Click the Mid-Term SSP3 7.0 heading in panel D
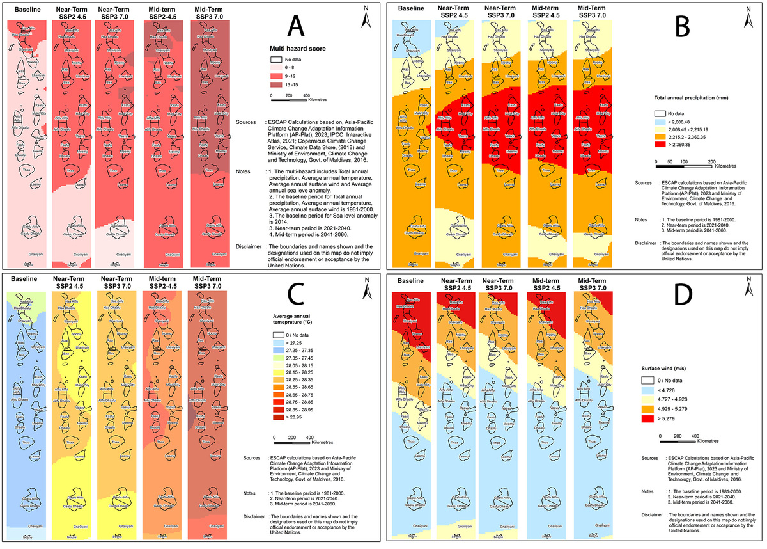pos(592,285)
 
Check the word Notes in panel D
pos(649,491)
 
